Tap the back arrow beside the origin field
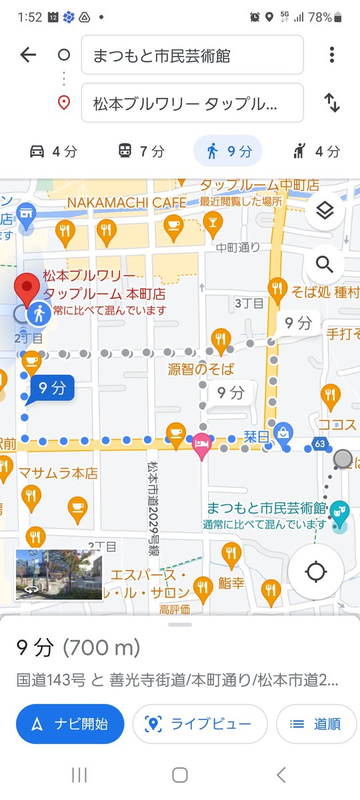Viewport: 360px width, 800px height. (x=28, y=55)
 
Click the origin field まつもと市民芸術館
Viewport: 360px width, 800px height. (x=192, y=55)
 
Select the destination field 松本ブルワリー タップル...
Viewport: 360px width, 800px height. (x=192, y=103)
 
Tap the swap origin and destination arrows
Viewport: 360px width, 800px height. (x=331, y=103)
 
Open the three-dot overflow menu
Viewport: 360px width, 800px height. (x=331, y=55)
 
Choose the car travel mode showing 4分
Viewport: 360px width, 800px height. (x=54, y=151)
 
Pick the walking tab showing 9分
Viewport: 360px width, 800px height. (x=228, y=151)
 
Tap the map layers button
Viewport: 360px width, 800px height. (x=324, y=211)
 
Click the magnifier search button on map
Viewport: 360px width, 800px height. (x=324, y=265)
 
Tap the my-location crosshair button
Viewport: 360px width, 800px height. (x=316, y=571)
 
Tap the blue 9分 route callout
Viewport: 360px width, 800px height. (x=51, y=388)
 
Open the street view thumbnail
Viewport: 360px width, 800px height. (x=59, y=575)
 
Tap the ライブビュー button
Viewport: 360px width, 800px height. (x=200, y=724)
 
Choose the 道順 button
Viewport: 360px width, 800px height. (x=316, y=724)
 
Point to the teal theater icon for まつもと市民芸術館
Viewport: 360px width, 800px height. (x=340, y=511)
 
